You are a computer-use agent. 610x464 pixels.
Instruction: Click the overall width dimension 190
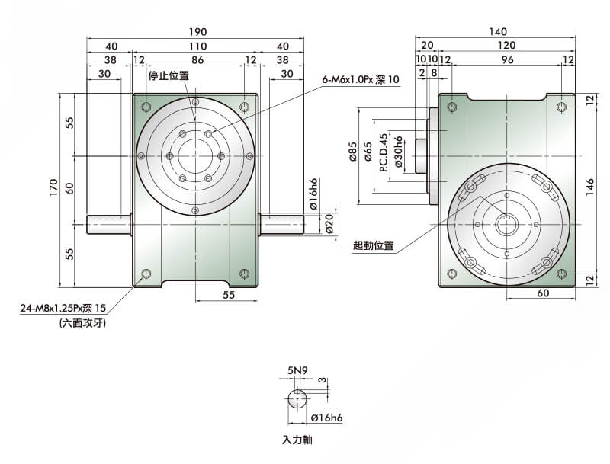click(197, 32)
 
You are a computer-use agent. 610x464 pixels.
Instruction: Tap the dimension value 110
click(197, 46)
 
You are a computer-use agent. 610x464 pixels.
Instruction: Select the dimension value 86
click(197, 59)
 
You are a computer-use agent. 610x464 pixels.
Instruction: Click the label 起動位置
click(374, 245)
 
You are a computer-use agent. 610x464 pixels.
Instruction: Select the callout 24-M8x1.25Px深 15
click(63, 309)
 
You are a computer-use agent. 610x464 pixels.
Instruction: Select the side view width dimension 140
click(497, 32)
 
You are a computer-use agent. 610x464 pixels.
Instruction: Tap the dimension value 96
click(506, 59)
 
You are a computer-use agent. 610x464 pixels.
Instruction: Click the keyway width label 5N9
click(297, 371)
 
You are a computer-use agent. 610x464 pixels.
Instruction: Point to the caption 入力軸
click(297, 440)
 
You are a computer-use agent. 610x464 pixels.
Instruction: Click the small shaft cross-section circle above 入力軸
click(298, 399)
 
